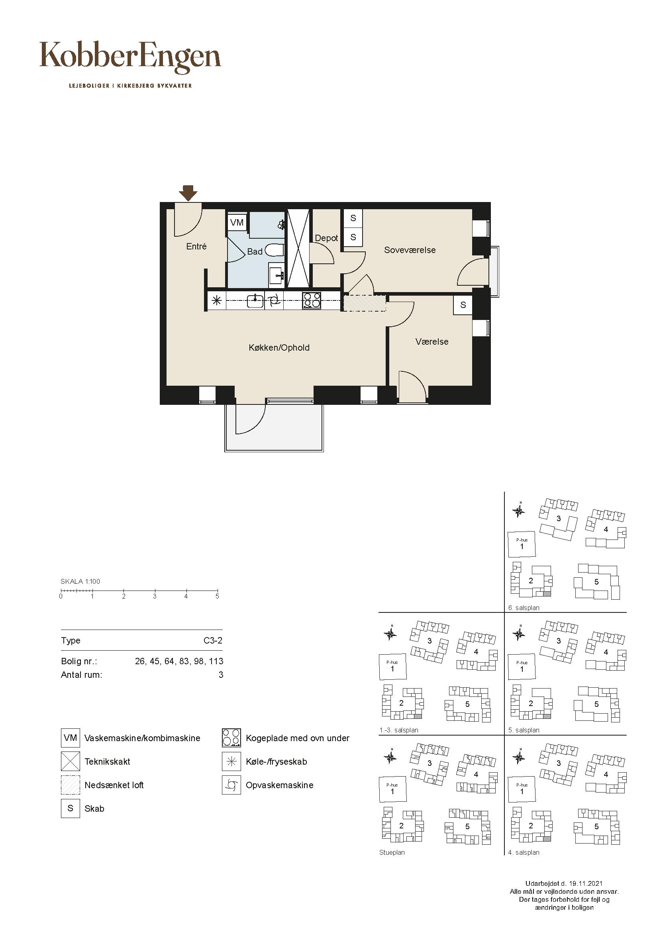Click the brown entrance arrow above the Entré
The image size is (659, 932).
coord(188,193)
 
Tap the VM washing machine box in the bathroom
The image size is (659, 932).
coord(237,222)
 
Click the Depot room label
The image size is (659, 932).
coord(326,238)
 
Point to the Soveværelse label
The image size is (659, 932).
coord(410,250)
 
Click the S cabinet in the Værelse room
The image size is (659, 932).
coord(463,305)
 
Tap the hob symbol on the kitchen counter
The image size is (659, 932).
coord(312,301)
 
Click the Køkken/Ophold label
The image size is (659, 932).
coord(279,347)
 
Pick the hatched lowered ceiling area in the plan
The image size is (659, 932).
coord(365,303)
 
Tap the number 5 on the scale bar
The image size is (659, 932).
coord(217,596)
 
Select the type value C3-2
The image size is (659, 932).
coord(213,641)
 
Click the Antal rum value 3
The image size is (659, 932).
coord(221,675)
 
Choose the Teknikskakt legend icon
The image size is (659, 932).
coord(71,761)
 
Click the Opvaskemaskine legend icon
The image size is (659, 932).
coord(231,785)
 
